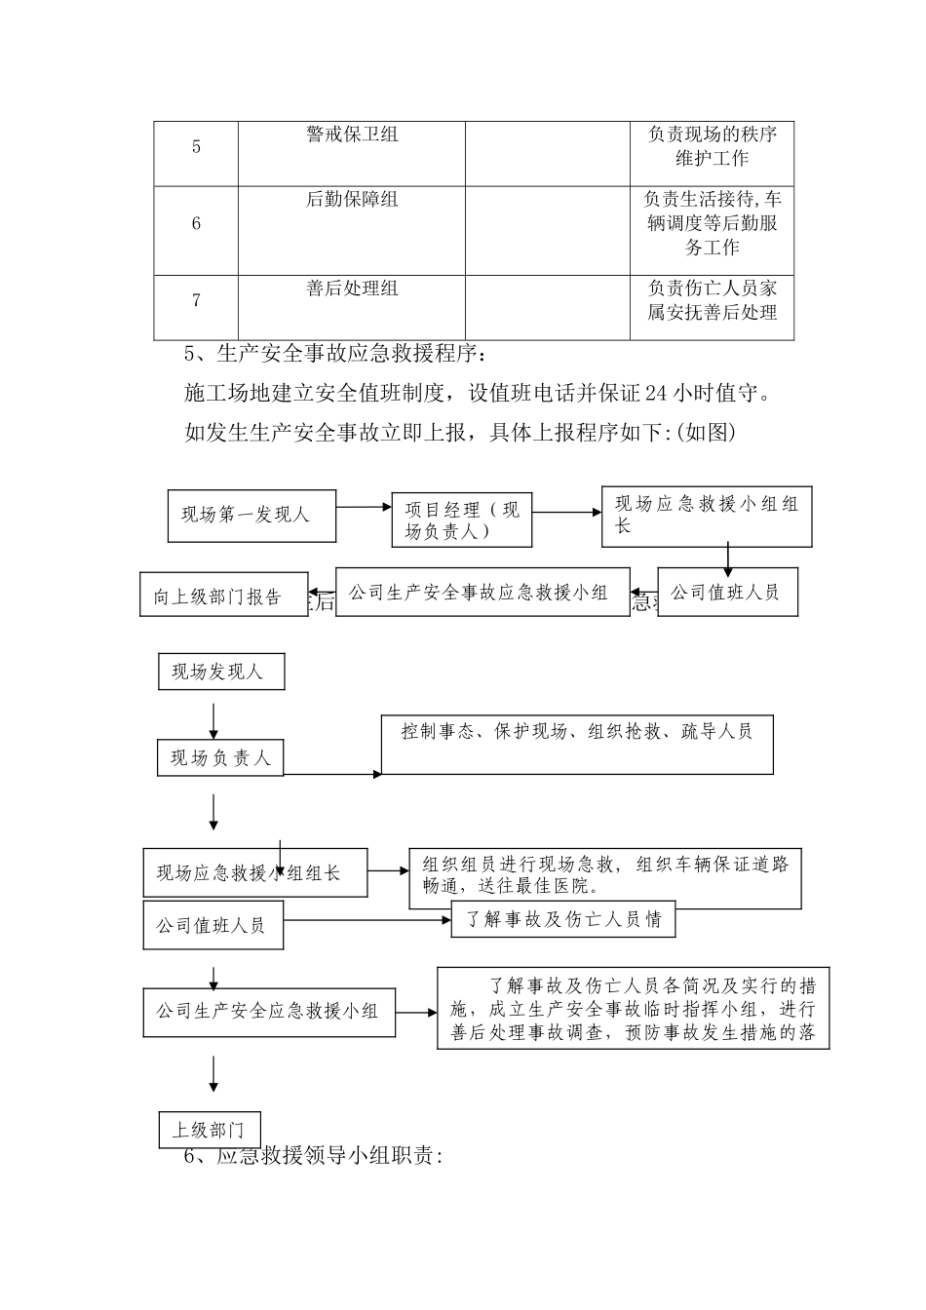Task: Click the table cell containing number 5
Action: click(x=196, y=147)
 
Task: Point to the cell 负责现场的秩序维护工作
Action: click(x=712, y=146)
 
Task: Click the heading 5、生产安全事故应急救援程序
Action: click(x=333, y=353)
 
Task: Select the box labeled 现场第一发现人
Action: click(x=251, y=515)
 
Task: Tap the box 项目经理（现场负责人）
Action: click(x=462, y=520)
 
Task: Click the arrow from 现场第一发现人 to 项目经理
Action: click(x=364, y=507)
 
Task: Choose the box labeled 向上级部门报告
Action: click(x=223, y=595)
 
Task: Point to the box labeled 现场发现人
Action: click(x=221, y=673)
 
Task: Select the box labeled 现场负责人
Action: click(x=220, y=757)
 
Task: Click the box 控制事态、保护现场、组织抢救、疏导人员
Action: click(x=577, y=746)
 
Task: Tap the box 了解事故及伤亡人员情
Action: click(x=562, y=919)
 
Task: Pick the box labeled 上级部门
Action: click(x=209, y=1130)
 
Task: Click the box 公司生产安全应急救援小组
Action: click(x=269, y=1012)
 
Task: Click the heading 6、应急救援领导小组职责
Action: click(x=314, y=1157)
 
